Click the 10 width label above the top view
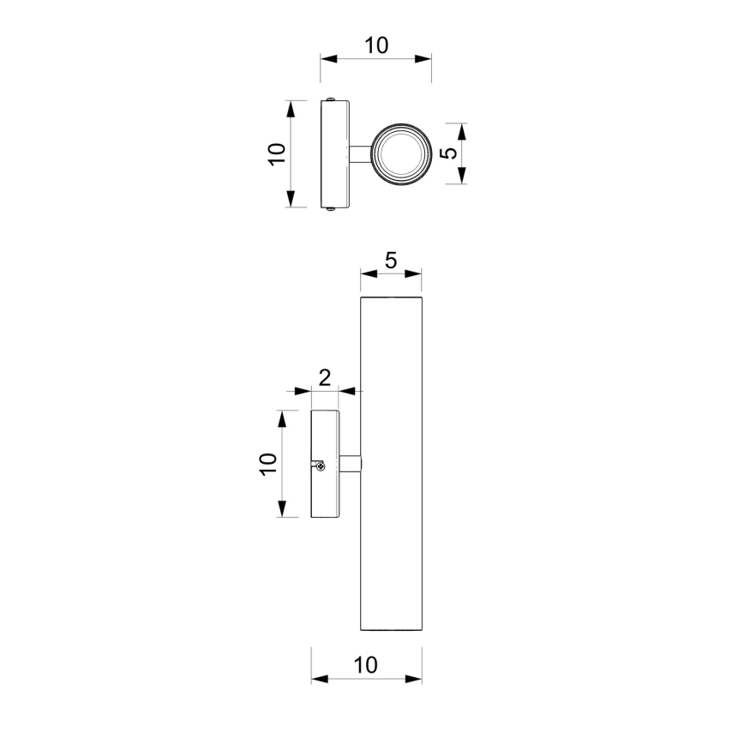[375, 45]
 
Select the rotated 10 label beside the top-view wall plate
[276, 154]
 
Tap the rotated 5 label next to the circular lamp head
[447, 153]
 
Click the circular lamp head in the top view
[399, 154]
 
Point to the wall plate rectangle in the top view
[334, 154]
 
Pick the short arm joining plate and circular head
[358, 154]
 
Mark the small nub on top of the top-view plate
[330, 99]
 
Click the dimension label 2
[325, 378]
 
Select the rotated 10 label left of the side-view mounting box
[268, 464]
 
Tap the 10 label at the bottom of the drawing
[366, 665]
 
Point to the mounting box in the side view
[325, 465]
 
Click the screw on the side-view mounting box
[319, 465]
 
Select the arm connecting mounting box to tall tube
[350, 465]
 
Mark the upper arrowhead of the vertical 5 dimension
[462, 131]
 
